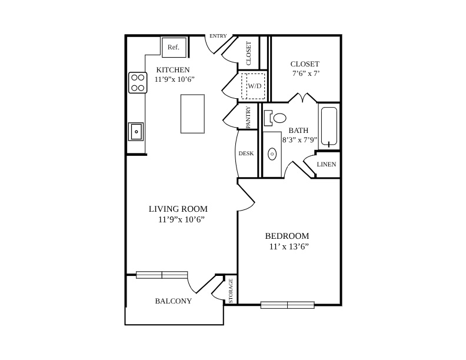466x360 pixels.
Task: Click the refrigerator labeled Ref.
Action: [x=174, y=47]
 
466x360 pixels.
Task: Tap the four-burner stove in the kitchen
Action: [x=138, y=82]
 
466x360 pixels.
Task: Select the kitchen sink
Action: [x=136, y=131]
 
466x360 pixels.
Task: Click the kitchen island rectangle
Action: [x=192, y=114]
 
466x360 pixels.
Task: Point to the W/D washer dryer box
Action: [x=253, y=86]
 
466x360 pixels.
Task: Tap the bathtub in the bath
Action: [x=329, y=126]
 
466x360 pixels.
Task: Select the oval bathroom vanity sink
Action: [x=272, y=154]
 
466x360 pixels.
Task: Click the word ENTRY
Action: [x=218, y=36]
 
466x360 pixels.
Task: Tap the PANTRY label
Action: [x=248, y=117]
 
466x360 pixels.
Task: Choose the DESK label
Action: [x=246, y=154]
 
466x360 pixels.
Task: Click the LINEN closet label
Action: [x=327, y=164]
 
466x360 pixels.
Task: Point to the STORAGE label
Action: [x=231, y=291]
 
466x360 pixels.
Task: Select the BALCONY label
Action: [x=173, y=301]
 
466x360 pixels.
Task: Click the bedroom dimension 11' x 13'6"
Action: [x=289, y=246]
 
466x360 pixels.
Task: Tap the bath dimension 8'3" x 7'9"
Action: [x=300, y=140]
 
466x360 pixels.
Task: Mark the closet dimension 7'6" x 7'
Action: [x=306, y=74]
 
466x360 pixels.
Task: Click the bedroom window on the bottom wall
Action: [x=287, y=305]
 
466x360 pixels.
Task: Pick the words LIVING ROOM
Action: [x=178, y=209]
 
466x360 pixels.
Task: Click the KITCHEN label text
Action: [x=173, y=70]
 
